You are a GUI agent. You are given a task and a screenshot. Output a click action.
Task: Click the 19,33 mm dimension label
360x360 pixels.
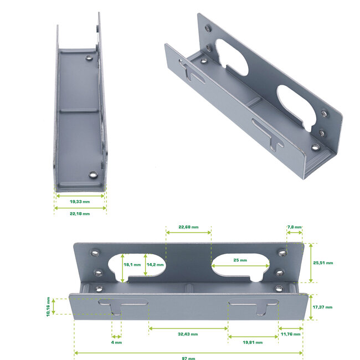coord(80,202)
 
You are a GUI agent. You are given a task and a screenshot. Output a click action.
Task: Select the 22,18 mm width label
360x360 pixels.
coord(80,213)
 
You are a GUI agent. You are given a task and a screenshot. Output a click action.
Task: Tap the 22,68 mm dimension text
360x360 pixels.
coord(188,227)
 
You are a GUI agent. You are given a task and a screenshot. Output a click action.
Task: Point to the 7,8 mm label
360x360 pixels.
coord(294,227)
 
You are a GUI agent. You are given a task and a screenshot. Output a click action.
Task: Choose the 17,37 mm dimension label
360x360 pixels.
coord(322,307)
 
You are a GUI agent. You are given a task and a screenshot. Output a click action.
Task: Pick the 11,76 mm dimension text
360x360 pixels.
coord(290,334)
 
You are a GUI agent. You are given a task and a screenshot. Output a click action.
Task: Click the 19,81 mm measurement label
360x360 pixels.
coord(252,342)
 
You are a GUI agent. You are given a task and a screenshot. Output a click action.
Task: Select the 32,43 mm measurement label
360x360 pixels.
coord(187,334)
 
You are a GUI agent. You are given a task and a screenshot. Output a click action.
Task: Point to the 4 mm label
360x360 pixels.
coord(116,342)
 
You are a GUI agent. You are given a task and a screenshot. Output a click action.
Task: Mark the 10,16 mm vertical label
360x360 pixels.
coord(48,306)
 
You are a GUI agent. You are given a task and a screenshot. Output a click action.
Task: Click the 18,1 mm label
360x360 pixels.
coord(132,265)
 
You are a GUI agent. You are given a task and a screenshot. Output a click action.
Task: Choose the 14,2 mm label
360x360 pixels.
coord(155,265)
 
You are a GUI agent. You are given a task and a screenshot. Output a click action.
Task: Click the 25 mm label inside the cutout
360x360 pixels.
coord(240,260)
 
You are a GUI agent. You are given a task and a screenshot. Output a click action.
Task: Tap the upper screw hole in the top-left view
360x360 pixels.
coord(89,56)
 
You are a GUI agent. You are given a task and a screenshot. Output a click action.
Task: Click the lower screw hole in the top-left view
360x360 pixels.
coord(93,176)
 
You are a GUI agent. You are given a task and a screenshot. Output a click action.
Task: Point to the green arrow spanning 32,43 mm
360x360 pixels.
coord(187,328)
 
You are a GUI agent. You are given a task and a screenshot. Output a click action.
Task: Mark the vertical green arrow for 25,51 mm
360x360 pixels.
coord(311,263)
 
